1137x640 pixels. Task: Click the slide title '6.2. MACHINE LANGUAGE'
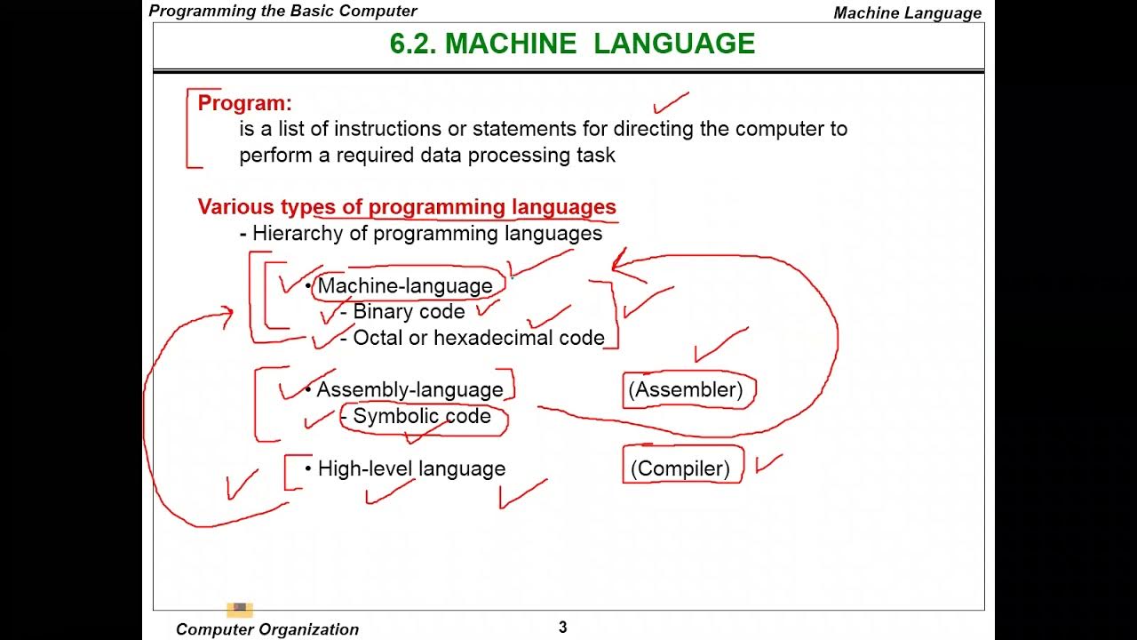pos(572,44)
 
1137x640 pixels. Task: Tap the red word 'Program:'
pos(244,103)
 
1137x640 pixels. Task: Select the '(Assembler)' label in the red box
pos(685,389)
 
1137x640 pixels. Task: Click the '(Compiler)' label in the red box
pos(680,468)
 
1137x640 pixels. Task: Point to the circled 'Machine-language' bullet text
pos(405,285)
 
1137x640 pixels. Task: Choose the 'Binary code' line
pos(409,312)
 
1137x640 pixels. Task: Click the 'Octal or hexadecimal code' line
pos(479,338)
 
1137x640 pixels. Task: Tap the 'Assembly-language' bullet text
pos(409,389)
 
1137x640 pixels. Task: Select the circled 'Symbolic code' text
pos(422,416)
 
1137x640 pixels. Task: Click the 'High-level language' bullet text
pos(411,468)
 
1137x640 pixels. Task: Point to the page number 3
pos(562,628)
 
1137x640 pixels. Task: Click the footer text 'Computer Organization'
pos(267,629)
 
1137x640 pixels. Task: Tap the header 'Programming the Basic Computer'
pos(282,11)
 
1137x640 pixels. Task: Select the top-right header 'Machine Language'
pos(908,12)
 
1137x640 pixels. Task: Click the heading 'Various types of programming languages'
pos(407,207)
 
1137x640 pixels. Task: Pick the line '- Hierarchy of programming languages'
pos(421,234)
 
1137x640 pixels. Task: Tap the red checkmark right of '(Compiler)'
pos(768,463)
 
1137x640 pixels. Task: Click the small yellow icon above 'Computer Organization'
pos(240,609)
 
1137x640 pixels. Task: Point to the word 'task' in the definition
pos(595,156)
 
